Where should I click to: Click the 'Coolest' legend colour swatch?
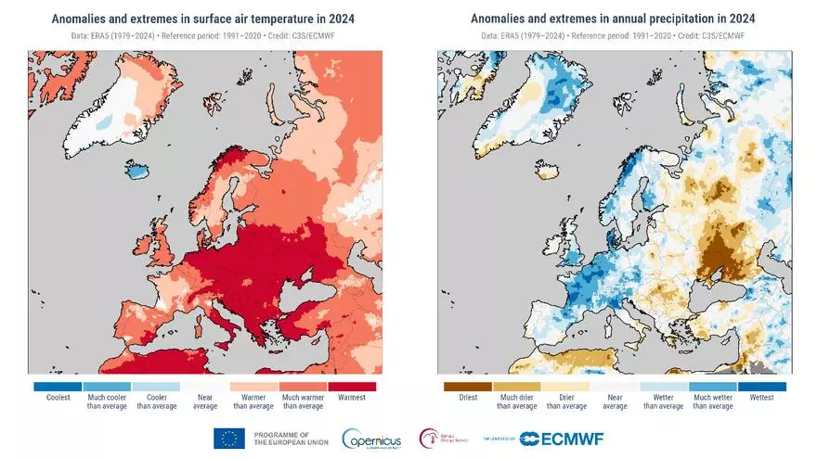[x=58, y=386]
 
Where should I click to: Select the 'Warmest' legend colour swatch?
[x=351, y=386]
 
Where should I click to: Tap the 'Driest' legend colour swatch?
[x=468, y=386]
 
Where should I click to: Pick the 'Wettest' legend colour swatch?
[x=761, y=386]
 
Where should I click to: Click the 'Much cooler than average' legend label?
[x=107, y=402]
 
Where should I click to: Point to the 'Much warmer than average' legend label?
[x=303, y=402]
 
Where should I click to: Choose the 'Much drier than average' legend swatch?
[x=517, y=386]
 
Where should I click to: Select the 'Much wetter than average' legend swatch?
[x=712, y=386]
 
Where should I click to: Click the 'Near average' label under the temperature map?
[x=204, y=402]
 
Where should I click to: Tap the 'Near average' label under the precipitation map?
[x=615, y=402]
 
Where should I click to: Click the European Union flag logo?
[x=229, y=439]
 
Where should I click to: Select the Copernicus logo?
[x=372, y=439]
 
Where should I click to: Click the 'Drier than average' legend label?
[x=565, y=402]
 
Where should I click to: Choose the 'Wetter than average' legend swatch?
[x=664, y=386]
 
